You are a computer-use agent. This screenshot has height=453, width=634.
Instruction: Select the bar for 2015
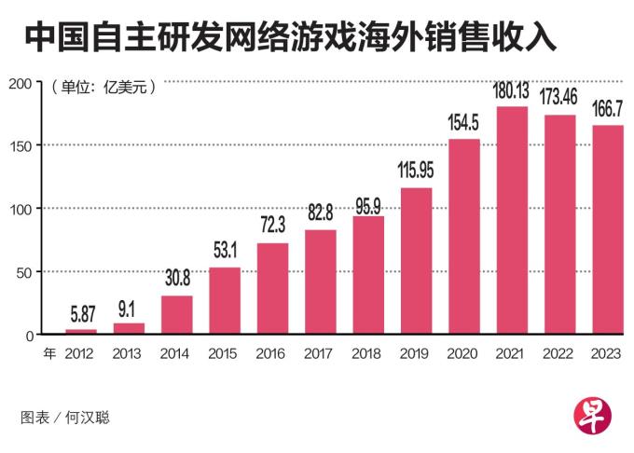pyautogui.click(x=225, y=300)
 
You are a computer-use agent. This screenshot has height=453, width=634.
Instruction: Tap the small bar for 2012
pyautogui.click(x=81, y=331)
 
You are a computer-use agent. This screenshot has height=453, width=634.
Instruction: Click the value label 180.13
pyautogui.click(x=513, y=91)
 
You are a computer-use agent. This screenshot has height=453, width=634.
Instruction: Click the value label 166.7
pyautogui.click(x=608, y=110)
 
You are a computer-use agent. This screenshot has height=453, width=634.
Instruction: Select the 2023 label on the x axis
pyautogui.click(x=608, y=354)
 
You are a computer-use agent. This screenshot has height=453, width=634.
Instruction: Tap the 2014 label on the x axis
pyautogui.click(x=176, y=354)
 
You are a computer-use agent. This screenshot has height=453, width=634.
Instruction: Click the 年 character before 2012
pyautogui.click(x=49, y=354)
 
